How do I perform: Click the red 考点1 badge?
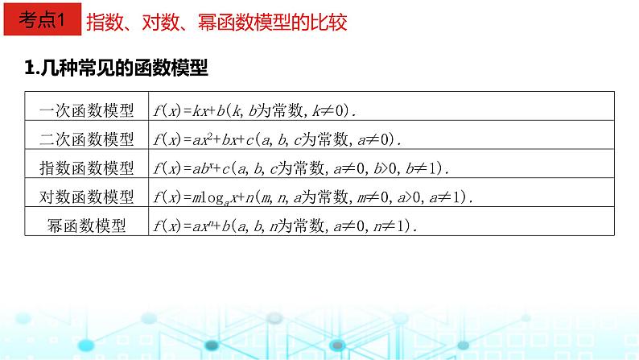tap(41, 22)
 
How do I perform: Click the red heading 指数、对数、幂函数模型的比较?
tap(216, 22)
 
